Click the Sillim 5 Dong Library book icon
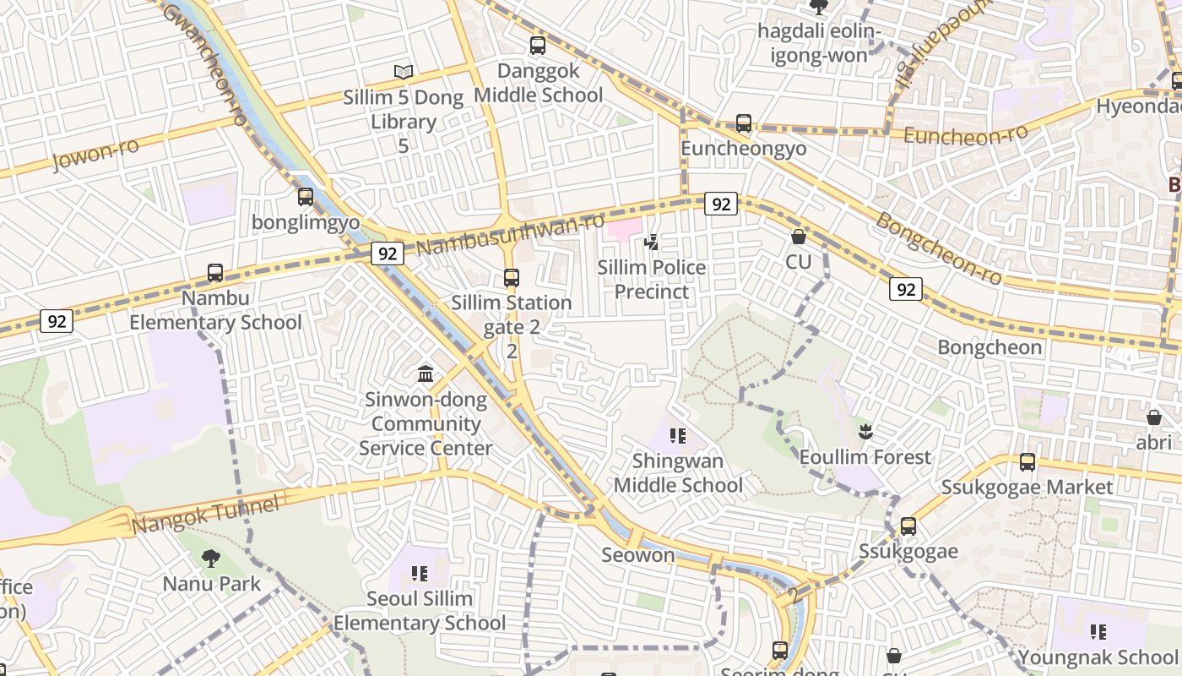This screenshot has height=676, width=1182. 404,72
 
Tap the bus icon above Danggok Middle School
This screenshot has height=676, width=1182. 538,46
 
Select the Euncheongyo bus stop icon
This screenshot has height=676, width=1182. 744,123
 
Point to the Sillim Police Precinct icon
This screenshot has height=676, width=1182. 651,243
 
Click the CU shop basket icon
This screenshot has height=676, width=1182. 798,237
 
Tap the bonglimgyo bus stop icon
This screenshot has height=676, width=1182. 306,197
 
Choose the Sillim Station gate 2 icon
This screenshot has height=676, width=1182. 511,277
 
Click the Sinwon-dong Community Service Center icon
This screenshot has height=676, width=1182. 426,373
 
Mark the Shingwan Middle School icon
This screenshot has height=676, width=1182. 677,436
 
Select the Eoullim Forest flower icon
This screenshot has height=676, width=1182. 865,432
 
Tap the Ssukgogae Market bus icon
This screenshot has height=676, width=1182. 1027,462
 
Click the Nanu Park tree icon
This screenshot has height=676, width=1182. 211,558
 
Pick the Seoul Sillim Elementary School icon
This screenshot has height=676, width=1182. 420,574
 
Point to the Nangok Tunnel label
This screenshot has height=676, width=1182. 205,515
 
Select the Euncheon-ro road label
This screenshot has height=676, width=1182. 965,134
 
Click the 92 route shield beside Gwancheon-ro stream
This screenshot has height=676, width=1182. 388,253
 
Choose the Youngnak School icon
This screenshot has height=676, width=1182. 1098,631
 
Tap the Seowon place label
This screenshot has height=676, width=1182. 638,555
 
